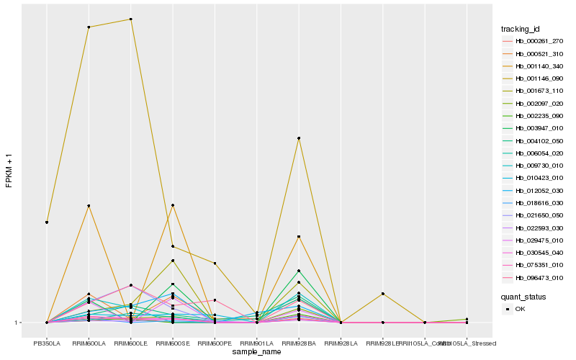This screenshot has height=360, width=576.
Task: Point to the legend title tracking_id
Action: tap(521, 29)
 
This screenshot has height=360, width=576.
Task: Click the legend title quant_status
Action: tap(524, 296)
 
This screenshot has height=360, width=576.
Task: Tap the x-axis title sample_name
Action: tap(256, 352)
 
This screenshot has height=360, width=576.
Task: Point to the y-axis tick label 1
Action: tap(17, 323)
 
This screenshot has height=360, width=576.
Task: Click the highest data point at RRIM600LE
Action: tap(130, 19)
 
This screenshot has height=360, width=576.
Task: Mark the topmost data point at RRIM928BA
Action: tap(298, 138)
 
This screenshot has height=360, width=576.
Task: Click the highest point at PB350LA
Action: tap(47, 222)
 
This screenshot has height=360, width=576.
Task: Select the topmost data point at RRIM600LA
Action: tap(89, 27)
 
